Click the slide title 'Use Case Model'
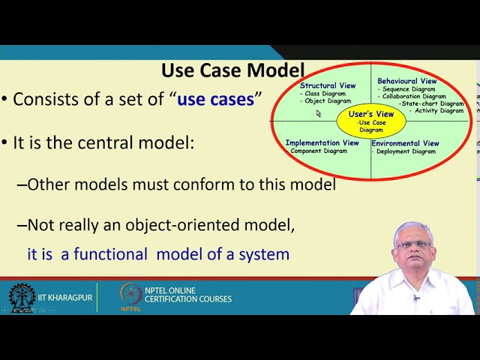click(232, 71)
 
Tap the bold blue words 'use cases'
click(215, 99)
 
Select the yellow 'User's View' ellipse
click(370, 120)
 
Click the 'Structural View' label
click(328, 85)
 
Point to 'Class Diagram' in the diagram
click(325, 94)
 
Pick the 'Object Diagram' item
click(328, 101)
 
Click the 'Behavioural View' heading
click(406, 81)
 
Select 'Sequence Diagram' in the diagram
click(409, 89)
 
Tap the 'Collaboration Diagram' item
click(413, 97)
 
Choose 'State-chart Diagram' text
click(432, 103)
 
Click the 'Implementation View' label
click(322, 142)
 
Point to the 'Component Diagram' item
click(319, 151)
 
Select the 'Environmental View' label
click(405, 143)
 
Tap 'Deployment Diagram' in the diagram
click(405, 151)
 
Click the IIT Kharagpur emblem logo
click(22, 298)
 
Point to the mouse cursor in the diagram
click(318, 113)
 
